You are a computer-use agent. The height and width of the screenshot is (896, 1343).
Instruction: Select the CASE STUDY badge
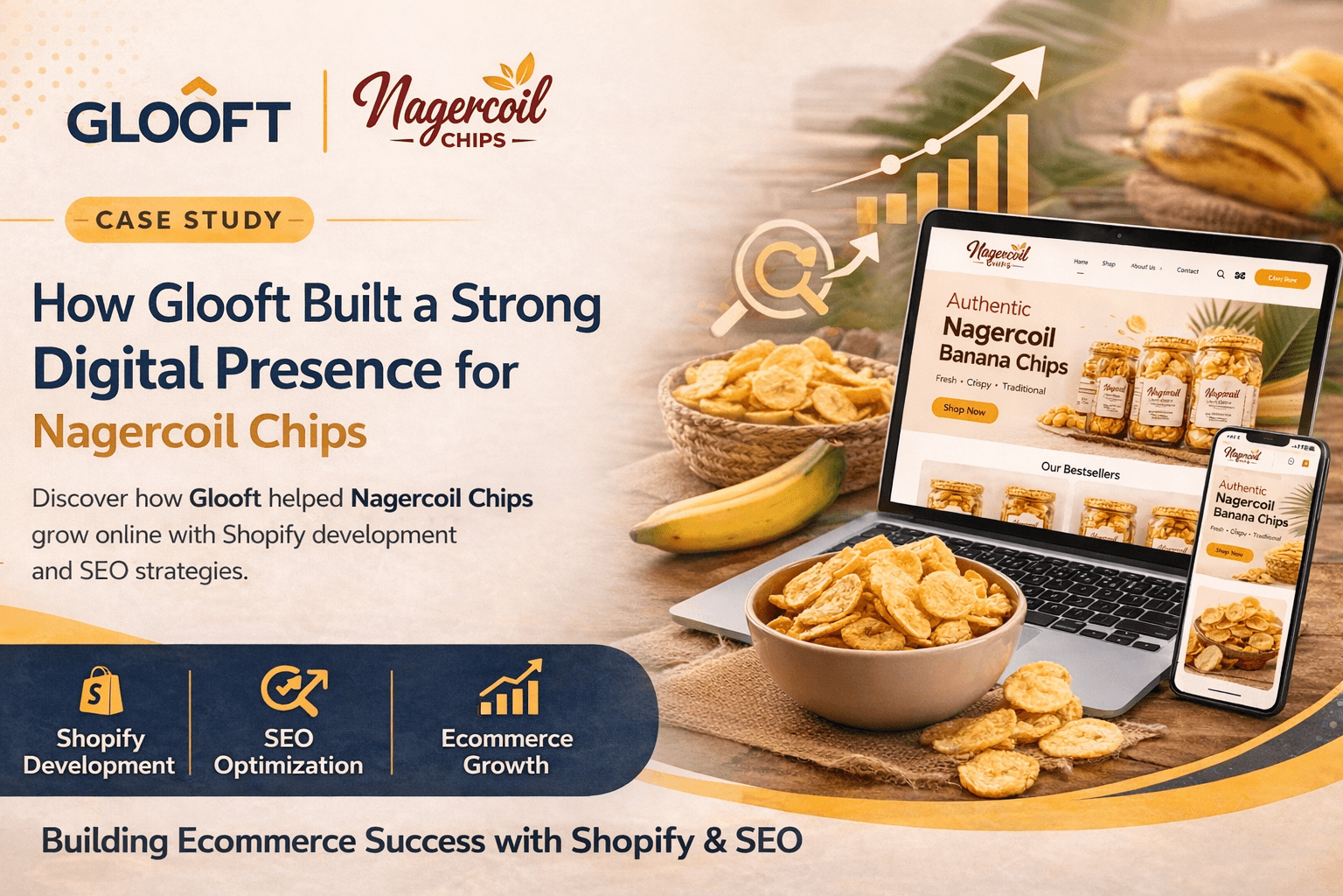pyautogui.click(x=189, y=220)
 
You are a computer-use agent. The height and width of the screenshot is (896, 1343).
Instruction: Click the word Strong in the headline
pyautogui.click(x=525, y=304)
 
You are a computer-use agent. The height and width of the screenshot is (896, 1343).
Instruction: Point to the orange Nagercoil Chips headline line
pyautogui.click(x=199, y=431)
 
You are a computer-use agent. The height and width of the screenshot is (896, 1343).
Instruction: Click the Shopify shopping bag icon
pyautogui.click(x=101, y=691)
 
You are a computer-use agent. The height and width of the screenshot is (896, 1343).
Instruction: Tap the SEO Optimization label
pyautogui.click(x=289, y=752)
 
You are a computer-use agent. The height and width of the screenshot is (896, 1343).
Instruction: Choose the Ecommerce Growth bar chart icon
pyautogui.click(x=510, y=689)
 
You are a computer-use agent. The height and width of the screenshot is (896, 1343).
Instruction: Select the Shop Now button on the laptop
pyautogui.click(x=964, y=409)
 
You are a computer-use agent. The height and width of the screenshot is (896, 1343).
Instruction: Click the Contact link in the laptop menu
pyautogui.click(x=1187, y=270)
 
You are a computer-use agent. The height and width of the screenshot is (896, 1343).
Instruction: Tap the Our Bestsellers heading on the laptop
pyautogui.click(x=1080, y=471)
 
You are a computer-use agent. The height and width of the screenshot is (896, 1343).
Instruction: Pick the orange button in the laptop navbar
pyautogui.click(x=1283, y=279)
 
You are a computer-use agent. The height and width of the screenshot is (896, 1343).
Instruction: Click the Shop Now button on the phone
pyautogui.click(x=1228, y=552)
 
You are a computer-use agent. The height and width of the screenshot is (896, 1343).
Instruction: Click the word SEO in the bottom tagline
pyautogui.click(x=769, y=841)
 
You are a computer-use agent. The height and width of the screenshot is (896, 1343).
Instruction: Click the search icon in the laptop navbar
pyautogui.click(x=1221, y=274)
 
